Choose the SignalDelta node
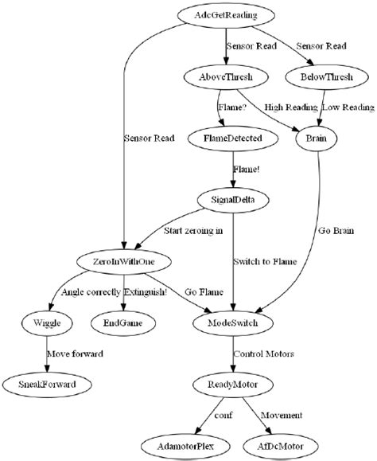pos(231,199)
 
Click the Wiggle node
pos(46,322)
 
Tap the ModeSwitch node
pos(231,322)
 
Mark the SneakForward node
pos(46,385)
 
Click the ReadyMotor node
pos(231,385)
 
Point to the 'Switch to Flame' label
pos(266,260)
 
